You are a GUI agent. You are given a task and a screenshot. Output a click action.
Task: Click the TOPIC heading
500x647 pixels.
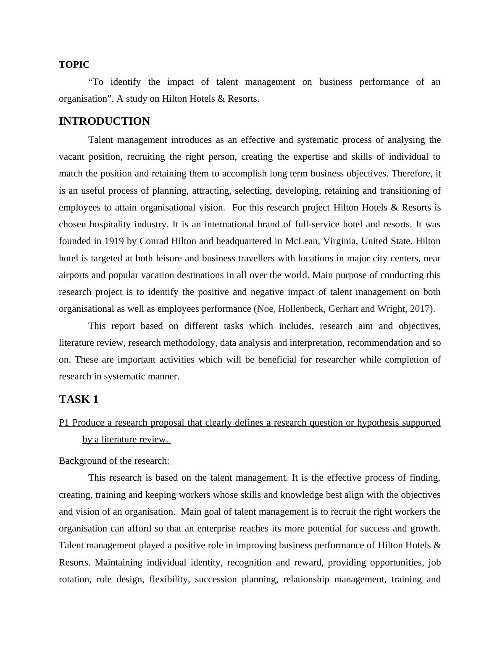tap(74, 65)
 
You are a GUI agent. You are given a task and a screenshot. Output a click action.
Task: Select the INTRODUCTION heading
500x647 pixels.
tap(104, 121)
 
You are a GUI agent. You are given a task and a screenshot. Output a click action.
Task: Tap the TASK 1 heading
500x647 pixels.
tap(79, 400)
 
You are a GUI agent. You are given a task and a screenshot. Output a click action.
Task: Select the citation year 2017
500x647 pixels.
tap(420, 309)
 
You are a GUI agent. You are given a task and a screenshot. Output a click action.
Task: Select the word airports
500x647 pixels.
tap(73, 275)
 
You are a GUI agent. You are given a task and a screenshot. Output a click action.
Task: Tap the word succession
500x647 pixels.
tap(211, 579)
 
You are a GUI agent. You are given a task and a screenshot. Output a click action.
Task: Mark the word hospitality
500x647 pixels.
tap(110, 224)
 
